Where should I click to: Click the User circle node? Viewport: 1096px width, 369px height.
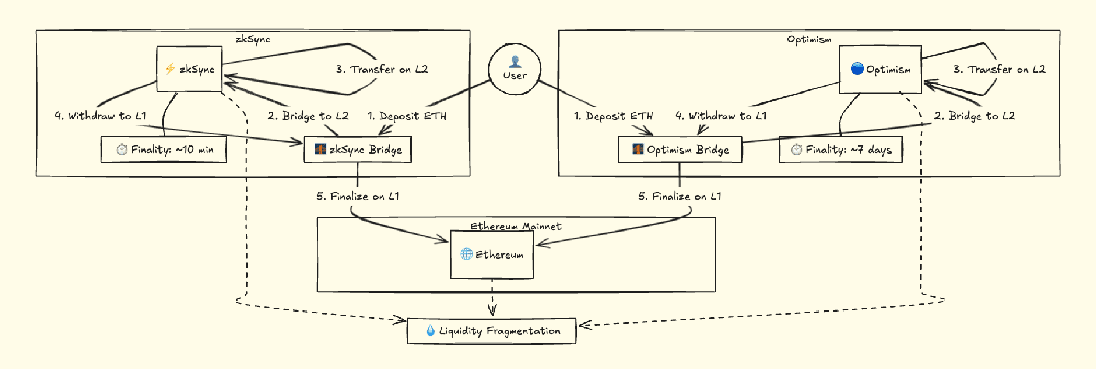[x=515, y=69]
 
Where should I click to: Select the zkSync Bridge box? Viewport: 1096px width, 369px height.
[x=358, y=149]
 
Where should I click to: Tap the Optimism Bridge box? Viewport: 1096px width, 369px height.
[x=680, y=149]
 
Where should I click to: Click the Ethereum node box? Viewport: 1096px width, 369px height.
[x=492, y=255]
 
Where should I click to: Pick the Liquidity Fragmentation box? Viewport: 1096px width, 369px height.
[x=492, y=331]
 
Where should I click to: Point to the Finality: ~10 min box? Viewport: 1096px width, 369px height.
[x=164, y=149]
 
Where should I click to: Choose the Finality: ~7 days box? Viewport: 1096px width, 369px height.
[x=840, y=149]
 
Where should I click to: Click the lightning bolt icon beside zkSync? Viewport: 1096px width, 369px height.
[x=170, y=68]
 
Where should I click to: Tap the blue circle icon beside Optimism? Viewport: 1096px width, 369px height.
[x=857, y=68]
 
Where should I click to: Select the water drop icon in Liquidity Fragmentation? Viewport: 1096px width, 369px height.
[x=430, y=330]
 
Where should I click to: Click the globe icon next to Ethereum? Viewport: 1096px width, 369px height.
[x=466, y=254]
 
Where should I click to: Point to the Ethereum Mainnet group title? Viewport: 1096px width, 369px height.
[x=516, y=226]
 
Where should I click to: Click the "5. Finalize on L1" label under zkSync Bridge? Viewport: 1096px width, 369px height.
[x=358, y=197]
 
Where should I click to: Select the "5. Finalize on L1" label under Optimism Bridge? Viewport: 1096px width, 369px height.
[x=680, y=197]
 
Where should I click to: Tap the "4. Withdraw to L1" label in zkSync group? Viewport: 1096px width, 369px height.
[x=101, y=116]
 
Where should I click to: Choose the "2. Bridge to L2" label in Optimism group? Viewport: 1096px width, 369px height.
[x=975, y=116]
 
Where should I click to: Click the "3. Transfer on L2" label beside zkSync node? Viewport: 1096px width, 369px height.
[x=382, y=69]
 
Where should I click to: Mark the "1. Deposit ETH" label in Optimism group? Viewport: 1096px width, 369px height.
[x=613, y=116]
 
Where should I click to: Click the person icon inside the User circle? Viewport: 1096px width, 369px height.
[x=515, y=62]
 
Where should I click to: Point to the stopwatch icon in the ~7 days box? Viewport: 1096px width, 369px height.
[x=796, y=149]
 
